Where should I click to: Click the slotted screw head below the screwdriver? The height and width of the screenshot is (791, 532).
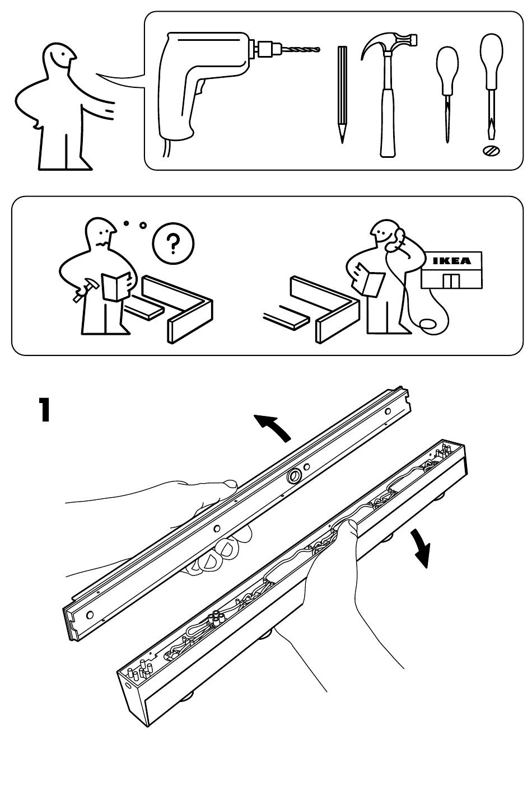pyautogui.click(x=491, y=150)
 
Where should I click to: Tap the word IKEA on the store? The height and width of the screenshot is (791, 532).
pyautogui.click(x=452, y=261)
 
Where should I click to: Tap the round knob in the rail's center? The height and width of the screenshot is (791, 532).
pyautogui.click(x=293, y=477)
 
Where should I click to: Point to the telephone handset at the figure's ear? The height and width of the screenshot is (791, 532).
pyautogui.click(x=399, y=239)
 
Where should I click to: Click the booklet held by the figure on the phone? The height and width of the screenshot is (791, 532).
pyautogui.click(x=371, y=282)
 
